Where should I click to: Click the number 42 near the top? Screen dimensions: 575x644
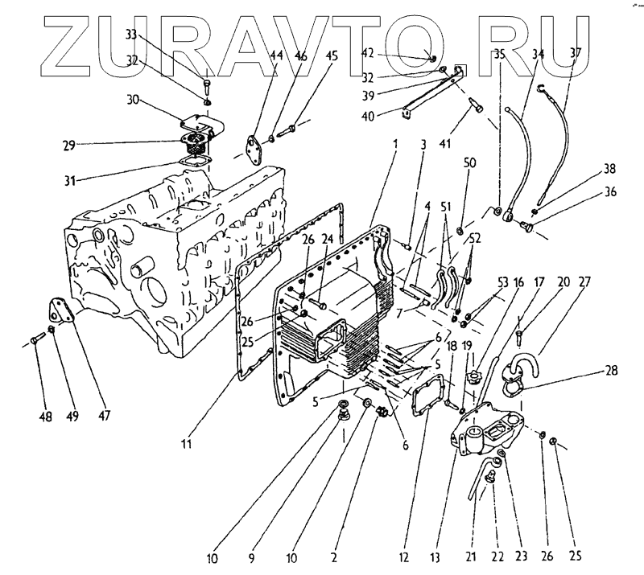367,53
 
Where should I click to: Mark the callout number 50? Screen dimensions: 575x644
470,163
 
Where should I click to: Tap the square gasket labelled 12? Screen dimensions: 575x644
426,401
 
